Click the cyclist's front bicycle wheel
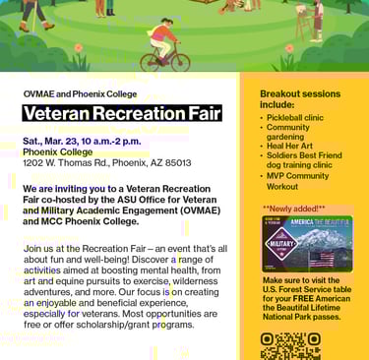[180, 62]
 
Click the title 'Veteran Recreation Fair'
[122, 113]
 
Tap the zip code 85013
[178, 162]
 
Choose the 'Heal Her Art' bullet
[289, 146]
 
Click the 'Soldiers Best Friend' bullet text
[306, 155]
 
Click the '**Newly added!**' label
[293, 209]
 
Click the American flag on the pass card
[322, 259]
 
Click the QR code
[290, 346]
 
